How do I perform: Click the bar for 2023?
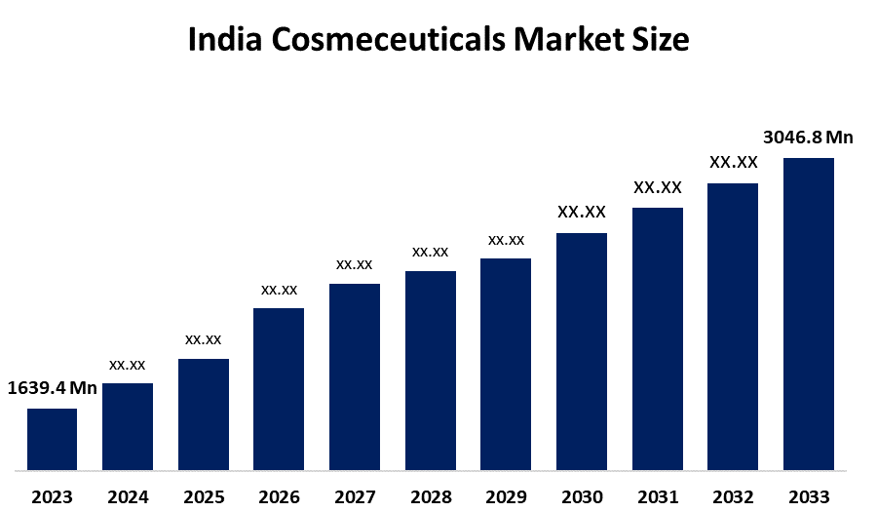click(x=52, y=439)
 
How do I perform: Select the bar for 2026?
click(x=279, y=389)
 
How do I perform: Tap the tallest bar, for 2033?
click(x=809, y=313)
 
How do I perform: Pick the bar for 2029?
click(x=506, y=364)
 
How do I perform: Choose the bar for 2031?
click(x=658, y=338)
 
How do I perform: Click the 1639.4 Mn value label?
click(x=53, y=388)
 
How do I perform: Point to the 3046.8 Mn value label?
click(x=808, y=138)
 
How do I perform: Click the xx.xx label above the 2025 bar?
click(x=204, y=339)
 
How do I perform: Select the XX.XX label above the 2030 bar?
click(x=582, y=212)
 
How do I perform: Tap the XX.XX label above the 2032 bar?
click(x=733, y=162)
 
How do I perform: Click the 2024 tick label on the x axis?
click(x=128, y=497)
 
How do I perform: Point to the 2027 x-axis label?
click(x=355, y=497)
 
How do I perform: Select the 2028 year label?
click(x=431, y=497)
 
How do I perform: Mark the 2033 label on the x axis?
click(x=809, y=497)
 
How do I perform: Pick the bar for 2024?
click(x=128, y=426)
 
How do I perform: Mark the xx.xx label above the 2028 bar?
click(x=430, y=252)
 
